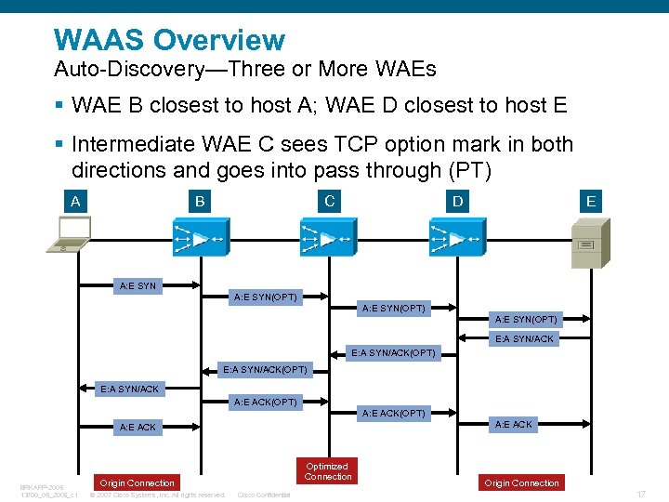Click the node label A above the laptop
click(x=73, y=201)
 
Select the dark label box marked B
click(x=199, y=201)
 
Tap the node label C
click(x=329, y=201)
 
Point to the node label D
click(x=456, y=201)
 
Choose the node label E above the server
click(x=590, y=201)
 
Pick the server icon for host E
click(x=591, y=243)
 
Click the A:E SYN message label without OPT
click(x=138, y=285)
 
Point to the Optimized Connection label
click(x=328, y=471)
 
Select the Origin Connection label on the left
click(x=138, y=482)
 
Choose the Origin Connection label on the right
click(x=522, y=482)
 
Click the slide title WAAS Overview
click(x=169, y=40)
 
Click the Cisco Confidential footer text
click(x=264, y=495)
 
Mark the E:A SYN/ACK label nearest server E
click(x=524, y=338)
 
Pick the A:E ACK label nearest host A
click(x=138, y=427)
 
